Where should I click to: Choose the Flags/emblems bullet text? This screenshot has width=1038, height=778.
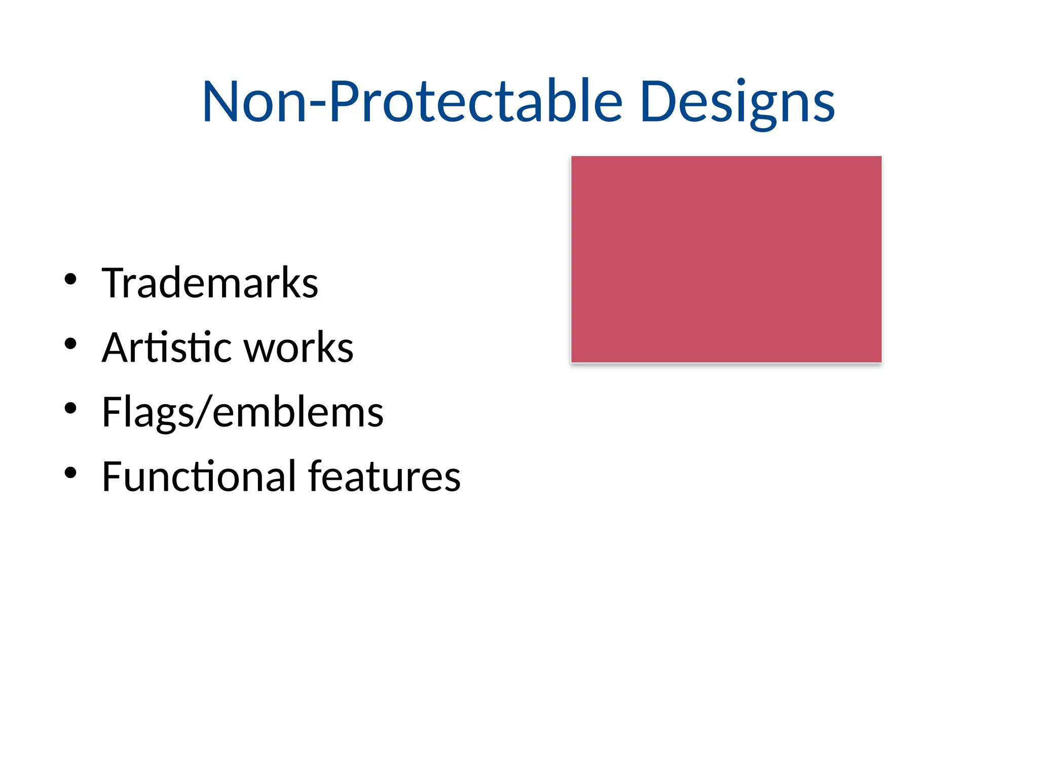(x=242, y=412)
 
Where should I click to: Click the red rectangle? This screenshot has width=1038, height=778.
(x=726, y=259)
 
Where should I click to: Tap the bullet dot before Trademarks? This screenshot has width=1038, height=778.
(x=70, y=279)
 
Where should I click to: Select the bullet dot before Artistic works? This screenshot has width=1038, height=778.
(x=70, y=344)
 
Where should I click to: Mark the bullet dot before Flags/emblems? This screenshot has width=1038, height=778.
(x=70, y=408)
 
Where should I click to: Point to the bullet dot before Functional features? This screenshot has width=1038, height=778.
(x=70, y=473)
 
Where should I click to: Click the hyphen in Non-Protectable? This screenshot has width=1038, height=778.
(x=317, y=104)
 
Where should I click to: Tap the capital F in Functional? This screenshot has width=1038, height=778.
(x=112, y=477)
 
